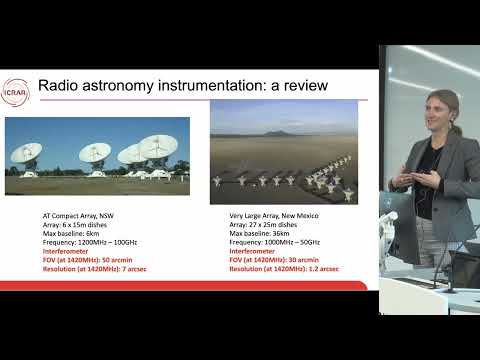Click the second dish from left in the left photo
(95, 155)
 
